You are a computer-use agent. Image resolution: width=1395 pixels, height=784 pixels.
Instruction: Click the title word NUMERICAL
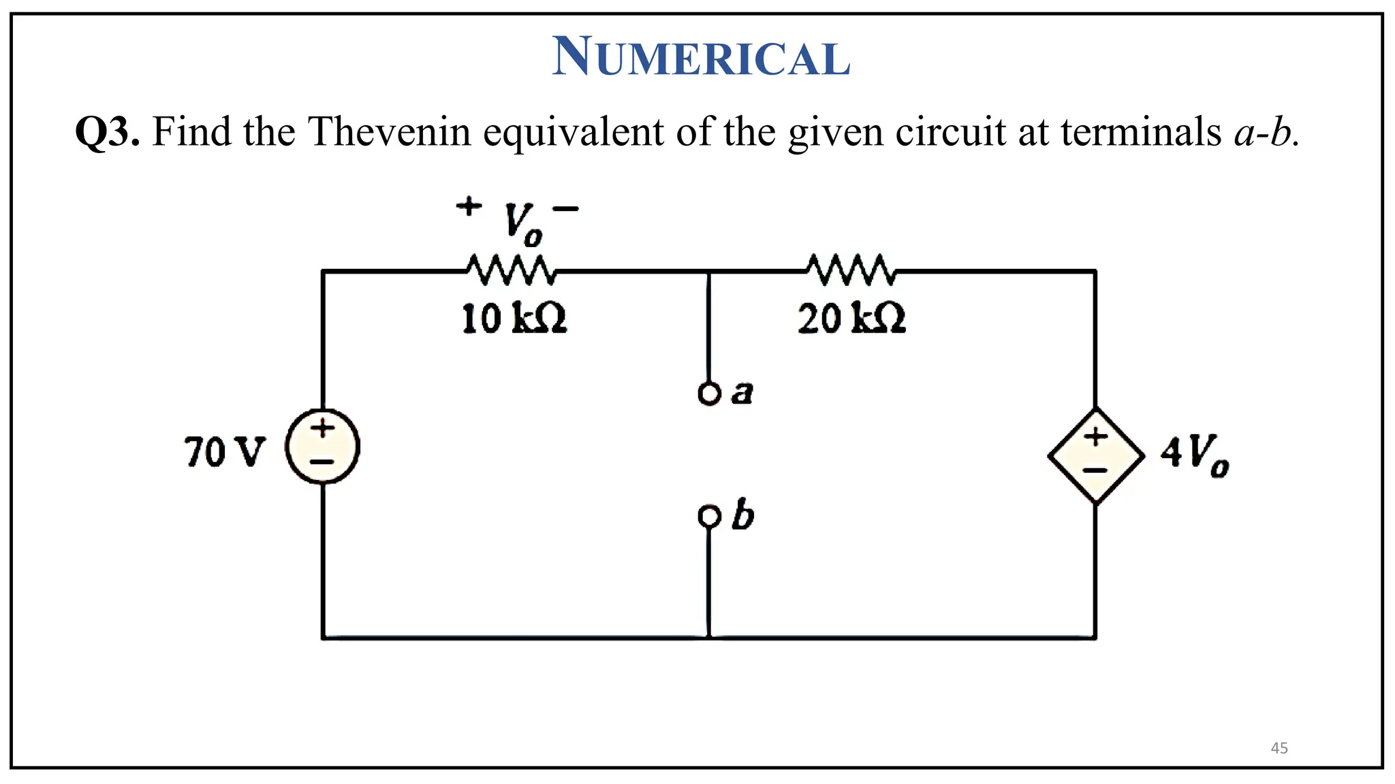pyautogui.click(x=701, y=57)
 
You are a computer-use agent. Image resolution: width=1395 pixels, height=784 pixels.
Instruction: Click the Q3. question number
pyautogui.click(x=108, y=131)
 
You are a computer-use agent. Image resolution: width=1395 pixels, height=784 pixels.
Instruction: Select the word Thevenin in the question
pyautogui.click(x=390, y=131)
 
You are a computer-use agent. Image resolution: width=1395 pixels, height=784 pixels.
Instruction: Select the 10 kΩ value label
pyautogui.click(x=514, y=318)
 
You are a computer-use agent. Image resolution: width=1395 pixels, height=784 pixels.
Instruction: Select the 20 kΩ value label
pyautogui.click(x=851, y=318)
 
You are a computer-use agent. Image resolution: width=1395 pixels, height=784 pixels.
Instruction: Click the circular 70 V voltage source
pyautogui.click(x=322, y=447)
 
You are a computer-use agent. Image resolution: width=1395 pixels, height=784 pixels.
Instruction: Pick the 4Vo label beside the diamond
pyautogui.click(x=1195, y=455)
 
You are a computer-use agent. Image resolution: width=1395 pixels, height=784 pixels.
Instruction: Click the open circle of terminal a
pyautogui.click(x=708, y=394)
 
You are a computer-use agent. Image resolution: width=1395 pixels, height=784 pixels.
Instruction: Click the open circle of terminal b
pyautogui.click(x=708, y=517)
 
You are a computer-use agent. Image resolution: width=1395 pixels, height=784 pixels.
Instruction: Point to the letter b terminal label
pyautogui.click(x=743, y=515)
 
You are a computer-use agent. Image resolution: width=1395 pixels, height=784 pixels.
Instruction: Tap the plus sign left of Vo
pyautogui.click(x=469, y=206)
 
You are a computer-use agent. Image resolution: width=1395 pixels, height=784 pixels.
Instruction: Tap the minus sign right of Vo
pyautogui.click(x=565, y=209)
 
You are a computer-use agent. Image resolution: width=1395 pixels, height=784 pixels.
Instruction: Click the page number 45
pyautogui.click(x=1279, y=748)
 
